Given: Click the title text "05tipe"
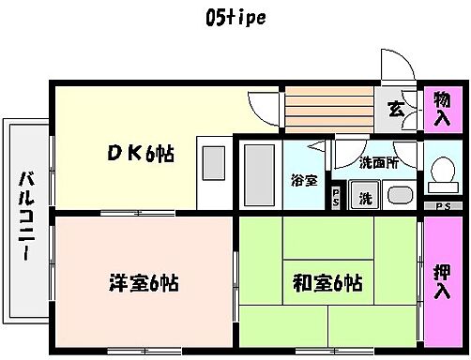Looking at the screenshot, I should tap(234, 18).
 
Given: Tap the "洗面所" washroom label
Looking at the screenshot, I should tap(378, 162).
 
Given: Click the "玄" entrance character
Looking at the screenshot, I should tap(397, 108).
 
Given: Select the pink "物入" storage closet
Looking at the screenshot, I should tap(442, 108).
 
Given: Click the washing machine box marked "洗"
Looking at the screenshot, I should tap(362, 198).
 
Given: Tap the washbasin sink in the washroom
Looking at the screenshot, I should tap(399, 198).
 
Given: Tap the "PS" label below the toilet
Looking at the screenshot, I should tap(442, 206).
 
